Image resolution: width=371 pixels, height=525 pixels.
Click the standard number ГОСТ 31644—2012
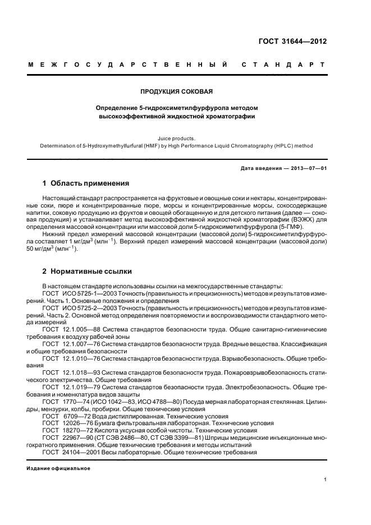pyautogui.click(x=300, y=41)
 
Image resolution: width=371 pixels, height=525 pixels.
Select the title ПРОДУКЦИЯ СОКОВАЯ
pyautogui.click(x=177, y=91)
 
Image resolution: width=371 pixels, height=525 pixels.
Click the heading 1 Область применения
pyautogui.click(x=86, y=183)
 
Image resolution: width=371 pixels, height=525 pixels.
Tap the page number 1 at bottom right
pyautogui.click(x=325, y=480)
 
